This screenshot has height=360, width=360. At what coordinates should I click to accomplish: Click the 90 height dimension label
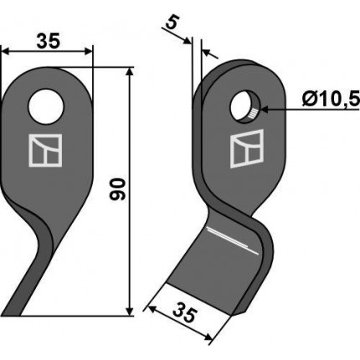point(117,189)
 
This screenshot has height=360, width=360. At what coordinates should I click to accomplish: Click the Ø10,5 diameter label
point(331,99)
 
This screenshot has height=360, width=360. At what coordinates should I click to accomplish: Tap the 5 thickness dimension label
point(172,23)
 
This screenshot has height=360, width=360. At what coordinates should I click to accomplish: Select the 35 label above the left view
point(48,41)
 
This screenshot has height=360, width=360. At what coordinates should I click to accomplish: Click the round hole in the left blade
point(46,106)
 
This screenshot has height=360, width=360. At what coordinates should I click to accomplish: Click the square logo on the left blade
point(45,151)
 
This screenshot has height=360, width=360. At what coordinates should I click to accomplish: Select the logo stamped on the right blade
point(247,149)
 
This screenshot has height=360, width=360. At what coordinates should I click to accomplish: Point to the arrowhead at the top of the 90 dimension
point(129,72)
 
